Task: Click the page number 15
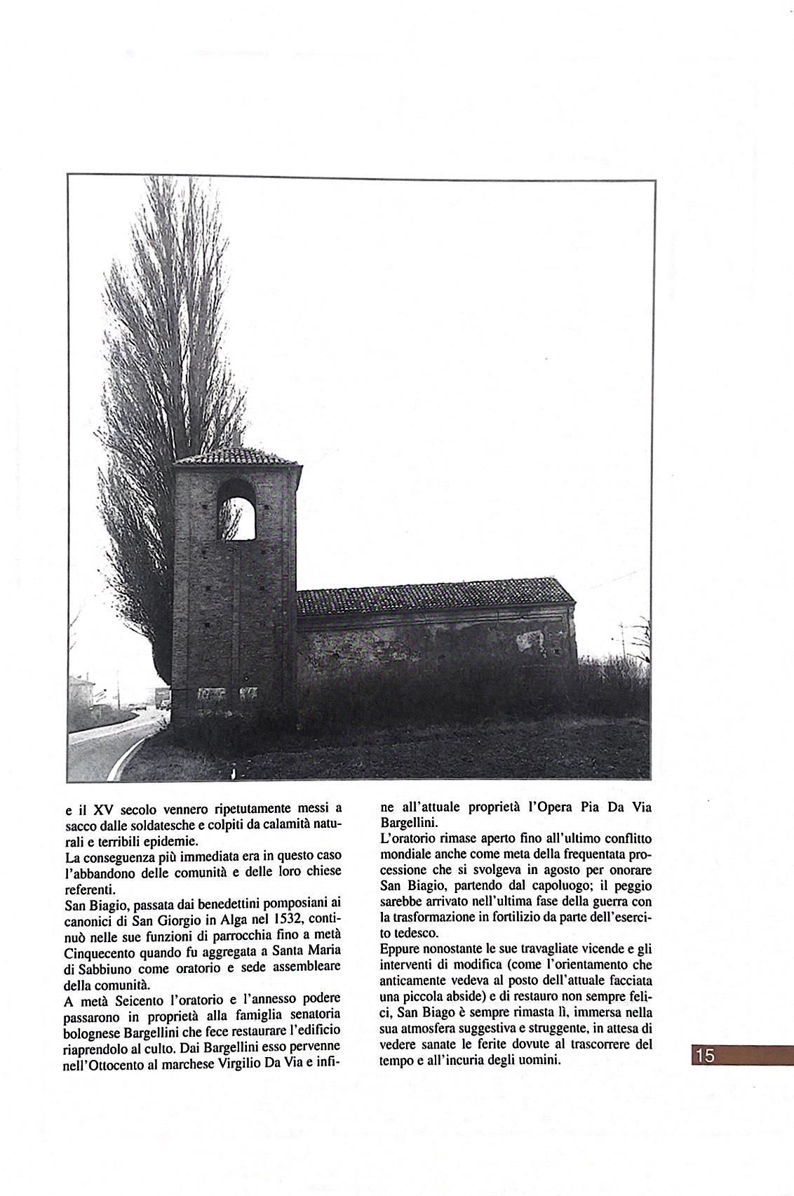(706, 1054)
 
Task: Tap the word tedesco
(419, 934)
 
